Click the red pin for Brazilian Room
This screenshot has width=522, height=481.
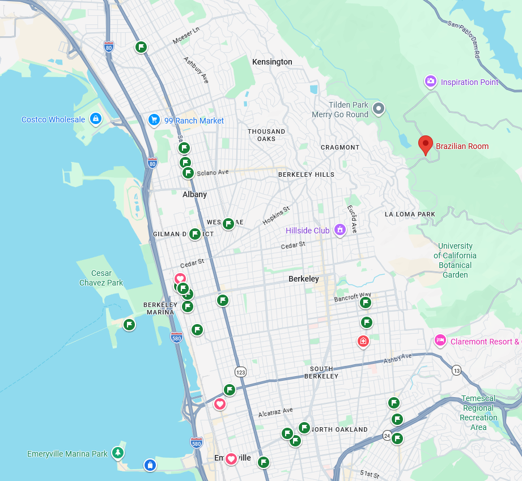point(425,144)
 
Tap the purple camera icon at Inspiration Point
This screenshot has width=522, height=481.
point(431,82)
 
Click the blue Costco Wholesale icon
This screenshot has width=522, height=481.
point(96,120)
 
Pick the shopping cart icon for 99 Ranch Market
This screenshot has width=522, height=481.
point(154,120)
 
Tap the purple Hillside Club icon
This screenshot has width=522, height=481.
point(340,230)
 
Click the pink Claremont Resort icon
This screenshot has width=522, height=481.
point(440,340)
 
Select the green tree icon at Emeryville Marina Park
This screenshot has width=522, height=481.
point(117,453)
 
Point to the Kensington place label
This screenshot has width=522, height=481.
point(272,62)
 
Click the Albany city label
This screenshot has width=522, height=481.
point(194,194)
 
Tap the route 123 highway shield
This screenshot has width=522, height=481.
point(241,372)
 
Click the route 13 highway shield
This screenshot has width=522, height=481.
point(456,370)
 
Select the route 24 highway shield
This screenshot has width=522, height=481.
point(387,435)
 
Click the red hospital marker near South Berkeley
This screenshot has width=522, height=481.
point(363,341)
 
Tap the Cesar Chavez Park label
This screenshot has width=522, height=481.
point(101,278)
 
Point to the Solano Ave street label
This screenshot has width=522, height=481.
point(213,172)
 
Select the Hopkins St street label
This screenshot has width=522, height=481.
point(276,215)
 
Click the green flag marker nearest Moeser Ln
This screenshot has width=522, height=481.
point(141,47)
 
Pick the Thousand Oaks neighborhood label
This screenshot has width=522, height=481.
point(266,135)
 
